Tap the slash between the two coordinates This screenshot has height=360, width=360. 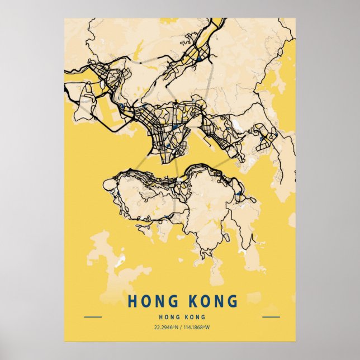(x=181, y=328)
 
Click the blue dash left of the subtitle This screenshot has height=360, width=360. (x=93, y=317)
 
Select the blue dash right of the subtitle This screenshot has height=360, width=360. (x=271, y=317)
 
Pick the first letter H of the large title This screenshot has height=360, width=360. (x=132, y=302)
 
